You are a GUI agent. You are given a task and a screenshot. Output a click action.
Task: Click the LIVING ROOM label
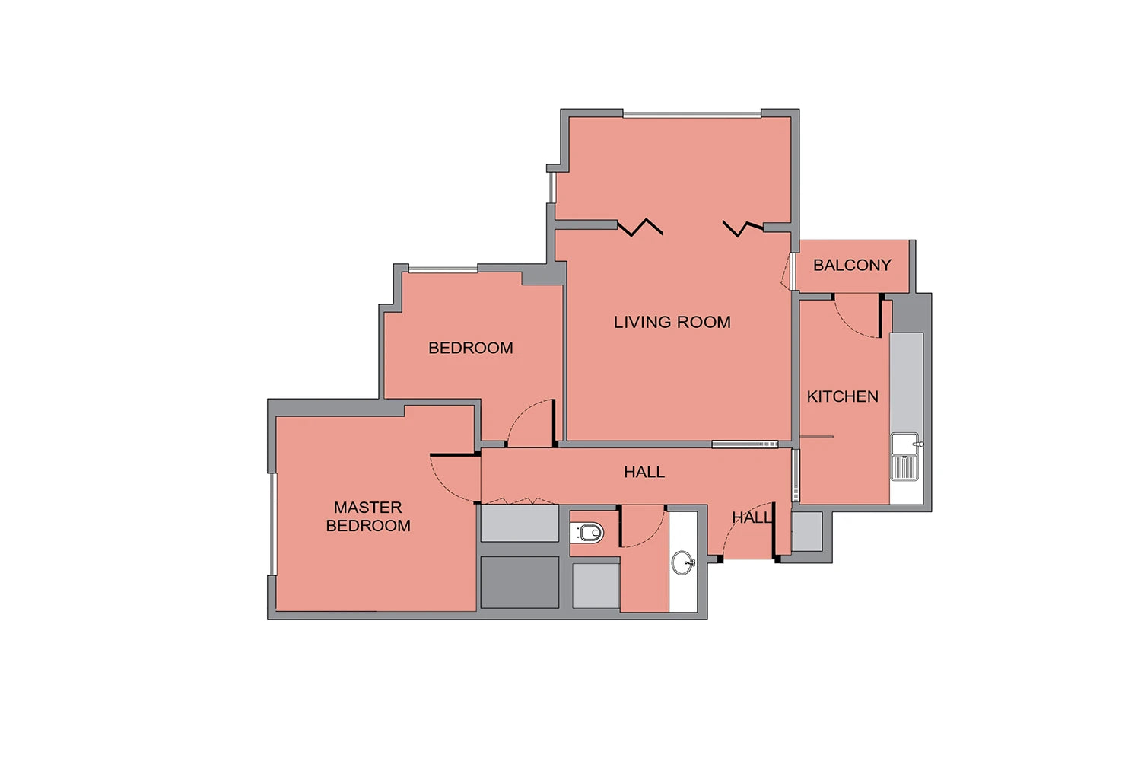[672, 322]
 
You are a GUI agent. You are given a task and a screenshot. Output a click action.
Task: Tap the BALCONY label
[852, 265]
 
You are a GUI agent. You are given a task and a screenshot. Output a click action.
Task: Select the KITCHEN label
[843, 396]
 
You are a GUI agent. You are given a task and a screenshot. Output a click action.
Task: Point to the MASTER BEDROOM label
[368, 516]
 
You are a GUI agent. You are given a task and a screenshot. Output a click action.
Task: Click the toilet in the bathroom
[588, 533]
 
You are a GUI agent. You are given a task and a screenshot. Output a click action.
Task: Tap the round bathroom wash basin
[683, 562]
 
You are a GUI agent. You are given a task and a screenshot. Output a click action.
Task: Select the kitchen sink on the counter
[905, 457]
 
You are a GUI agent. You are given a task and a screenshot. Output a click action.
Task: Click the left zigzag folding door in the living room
[640, 228]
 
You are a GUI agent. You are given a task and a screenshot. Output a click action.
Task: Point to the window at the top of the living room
[691, 115]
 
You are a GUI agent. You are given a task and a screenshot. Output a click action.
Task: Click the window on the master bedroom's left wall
[272, 524]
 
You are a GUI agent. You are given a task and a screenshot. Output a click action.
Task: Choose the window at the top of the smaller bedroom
[443, 269]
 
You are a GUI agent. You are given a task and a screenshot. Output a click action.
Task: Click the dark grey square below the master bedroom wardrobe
[520, 582]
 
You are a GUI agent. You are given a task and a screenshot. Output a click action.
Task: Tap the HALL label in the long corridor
[644, 472]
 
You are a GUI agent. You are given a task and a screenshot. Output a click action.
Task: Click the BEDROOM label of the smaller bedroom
[471, 348]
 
